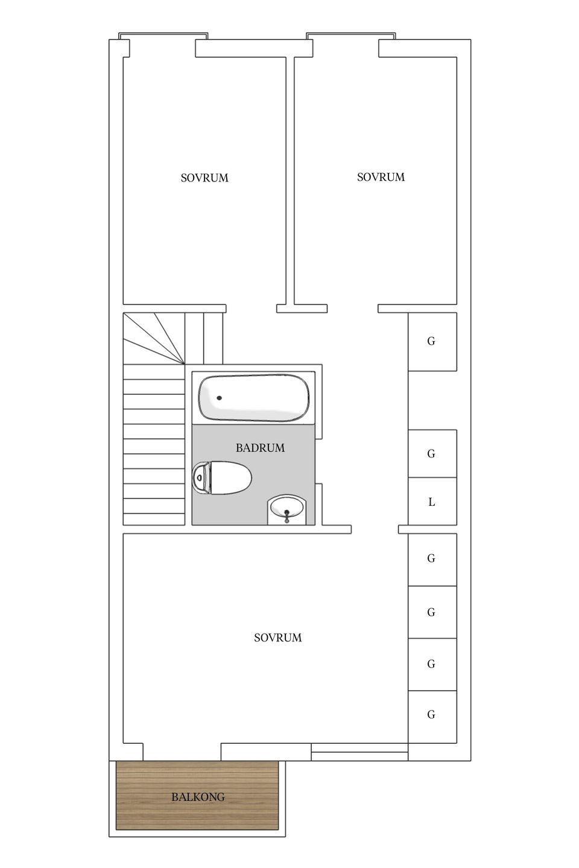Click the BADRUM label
260,448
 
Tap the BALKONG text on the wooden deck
198,797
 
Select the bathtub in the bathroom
254,398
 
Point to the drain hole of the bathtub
219,398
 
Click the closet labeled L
432,502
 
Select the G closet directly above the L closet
432,453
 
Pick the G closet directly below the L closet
432,559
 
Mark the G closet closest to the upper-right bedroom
432,341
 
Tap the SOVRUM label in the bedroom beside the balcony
277,638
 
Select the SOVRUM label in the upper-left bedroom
204,178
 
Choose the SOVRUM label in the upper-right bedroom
381,177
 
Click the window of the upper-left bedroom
164,37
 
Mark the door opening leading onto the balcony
182,752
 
